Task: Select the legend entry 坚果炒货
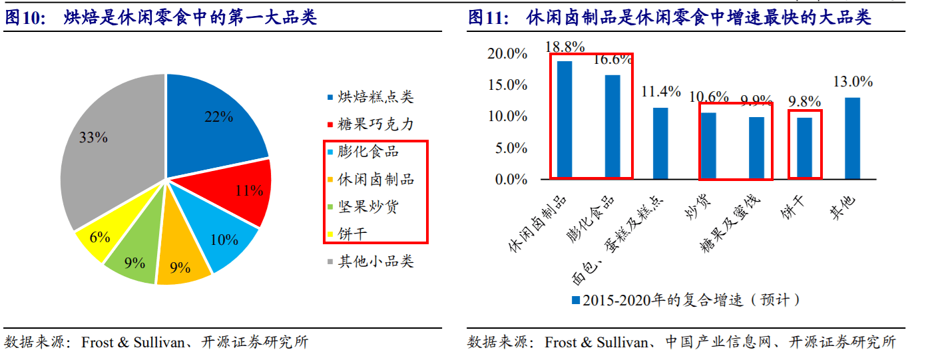pos(367,206)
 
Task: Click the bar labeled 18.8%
pos(565,120)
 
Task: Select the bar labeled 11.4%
pos(660,143)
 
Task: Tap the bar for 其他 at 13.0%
pos(852,138)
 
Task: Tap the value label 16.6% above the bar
pos(612,60)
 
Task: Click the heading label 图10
pos(22,18)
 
